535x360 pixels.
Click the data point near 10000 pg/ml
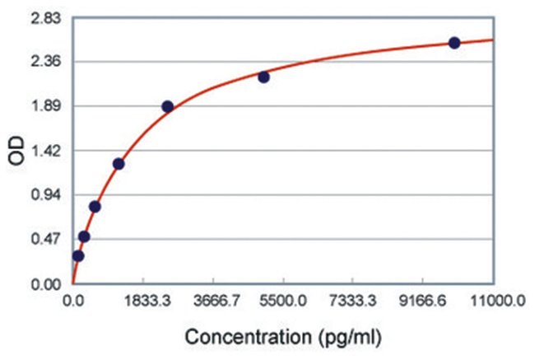(x=454, y=43)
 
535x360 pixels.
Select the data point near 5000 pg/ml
(x=263, y=77)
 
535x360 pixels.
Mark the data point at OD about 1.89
(x=167, y=106)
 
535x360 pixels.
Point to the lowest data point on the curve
(x=78, y=255)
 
